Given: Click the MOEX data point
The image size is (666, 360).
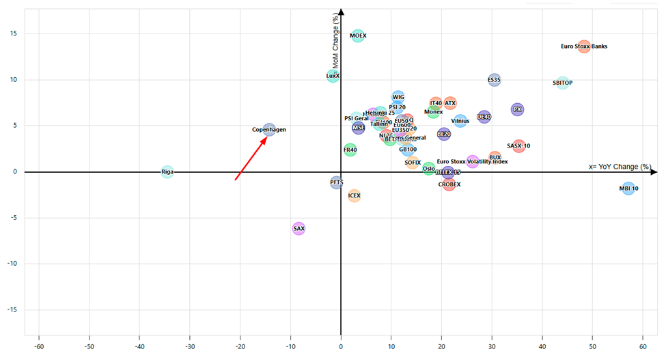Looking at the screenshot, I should (358, 36).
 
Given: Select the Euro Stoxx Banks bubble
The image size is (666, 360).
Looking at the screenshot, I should (583, 46).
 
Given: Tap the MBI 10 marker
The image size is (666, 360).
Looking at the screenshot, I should (628, 189).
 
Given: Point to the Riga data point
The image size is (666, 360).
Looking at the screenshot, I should (167, 172).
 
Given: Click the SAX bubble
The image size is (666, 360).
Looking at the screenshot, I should (299, 228).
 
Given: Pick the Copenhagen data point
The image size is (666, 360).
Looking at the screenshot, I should (269, 129).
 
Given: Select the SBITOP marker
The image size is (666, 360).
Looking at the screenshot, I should (562, 83).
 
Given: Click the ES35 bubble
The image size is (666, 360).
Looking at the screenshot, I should (495, 80).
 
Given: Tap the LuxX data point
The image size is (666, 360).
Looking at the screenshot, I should (333, 76).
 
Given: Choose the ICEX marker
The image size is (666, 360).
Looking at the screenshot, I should (354, 196).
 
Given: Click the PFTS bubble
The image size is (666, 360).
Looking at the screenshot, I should (336, 182).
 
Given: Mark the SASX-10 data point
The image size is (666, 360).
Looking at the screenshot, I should (518, 146).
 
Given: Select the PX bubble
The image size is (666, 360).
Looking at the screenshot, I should (517, 109).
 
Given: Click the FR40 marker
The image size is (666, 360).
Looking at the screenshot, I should (350, 150).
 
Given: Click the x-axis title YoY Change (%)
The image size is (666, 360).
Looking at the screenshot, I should (620, 167).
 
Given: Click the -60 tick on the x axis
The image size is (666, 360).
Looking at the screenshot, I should (38, 348).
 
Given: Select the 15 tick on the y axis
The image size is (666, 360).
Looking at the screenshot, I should (14, 33).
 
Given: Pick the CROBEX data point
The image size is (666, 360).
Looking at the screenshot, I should (449, 184).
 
